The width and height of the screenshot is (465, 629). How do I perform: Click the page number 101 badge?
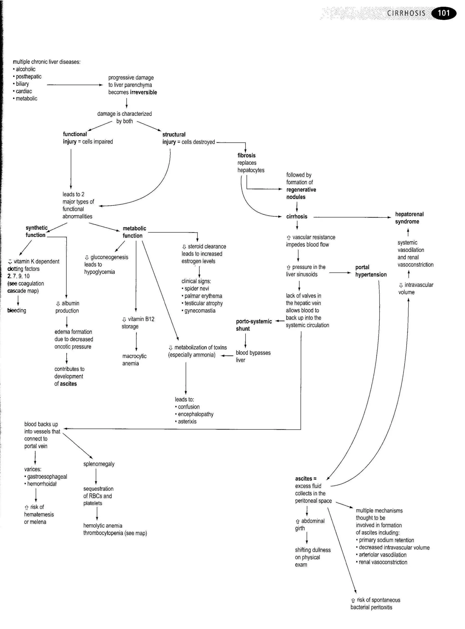pyautogui.click(x=444, y=13)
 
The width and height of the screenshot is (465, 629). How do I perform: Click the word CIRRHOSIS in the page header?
pyautogui.click(x=406, y=13)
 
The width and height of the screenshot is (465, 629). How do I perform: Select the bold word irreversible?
pyautogui.click(x=143, y=92)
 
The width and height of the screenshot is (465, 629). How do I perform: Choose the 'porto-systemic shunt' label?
pyautogui.click(x=254, y=325)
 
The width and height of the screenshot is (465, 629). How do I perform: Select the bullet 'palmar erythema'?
pyautogui.click(x=203, y=296)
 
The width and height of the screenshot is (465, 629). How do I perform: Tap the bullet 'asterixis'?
pyautogui.click(x=187, y=421)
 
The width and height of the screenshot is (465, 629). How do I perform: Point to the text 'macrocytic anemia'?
pyautogui.click(x=134, y=359)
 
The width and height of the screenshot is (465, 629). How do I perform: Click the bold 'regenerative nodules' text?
pyautogui.click(x=301, y=193)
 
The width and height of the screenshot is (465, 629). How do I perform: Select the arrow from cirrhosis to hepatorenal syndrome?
pyautogui.click(x=352, y=217)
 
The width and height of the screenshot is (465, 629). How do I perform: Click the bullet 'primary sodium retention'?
pyautogui.click(x=386, y=540)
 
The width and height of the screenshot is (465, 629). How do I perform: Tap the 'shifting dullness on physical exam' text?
pyautogui.click(x=312, y=557)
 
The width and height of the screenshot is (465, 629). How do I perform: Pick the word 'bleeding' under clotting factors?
pyautogui.click(x=17, y=310)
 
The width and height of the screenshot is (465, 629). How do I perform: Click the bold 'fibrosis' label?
pyautogui.click(x=246, y=155)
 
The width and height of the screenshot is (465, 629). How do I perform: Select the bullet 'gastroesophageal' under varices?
pyautogui.click(x=47, y=476)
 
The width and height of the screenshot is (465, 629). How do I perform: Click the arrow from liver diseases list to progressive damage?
pyautogui.click(x=75, y=85)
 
